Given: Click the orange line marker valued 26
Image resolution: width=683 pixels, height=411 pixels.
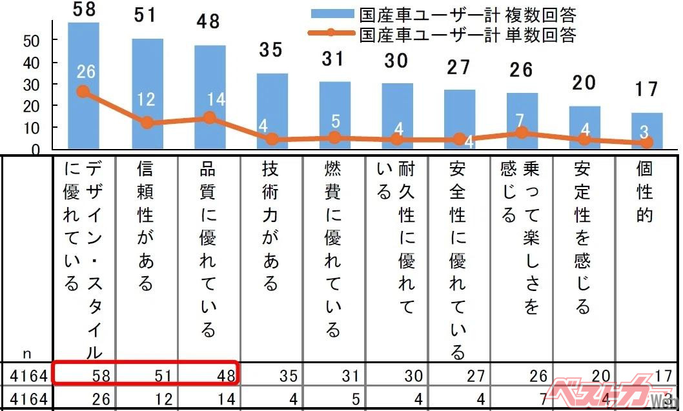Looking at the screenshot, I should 82,92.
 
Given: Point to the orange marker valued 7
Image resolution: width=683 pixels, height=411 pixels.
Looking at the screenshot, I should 522,133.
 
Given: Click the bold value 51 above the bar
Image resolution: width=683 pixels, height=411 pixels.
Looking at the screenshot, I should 146,15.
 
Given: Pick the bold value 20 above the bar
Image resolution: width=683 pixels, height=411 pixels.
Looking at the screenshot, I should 584,83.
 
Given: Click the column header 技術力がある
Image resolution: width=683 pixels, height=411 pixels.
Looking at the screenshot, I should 271,226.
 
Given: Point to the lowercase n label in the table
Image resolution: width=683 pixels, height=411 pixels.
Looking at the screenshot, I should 27,353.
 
